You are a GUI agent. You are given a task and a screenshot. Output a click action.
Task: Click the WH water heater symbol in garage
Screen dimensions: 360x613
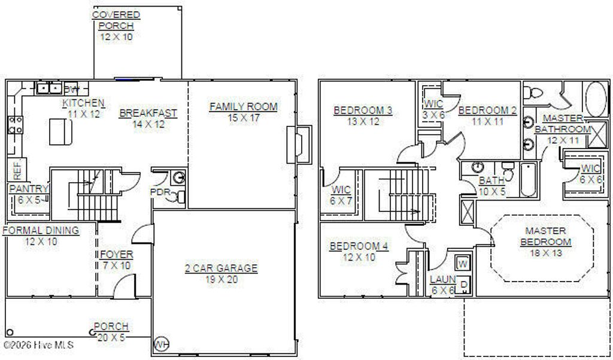(x=160, y=344)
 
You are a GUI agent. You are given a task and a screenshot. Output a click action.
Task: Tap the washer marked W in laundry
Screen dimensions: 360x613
(x=463, y=263)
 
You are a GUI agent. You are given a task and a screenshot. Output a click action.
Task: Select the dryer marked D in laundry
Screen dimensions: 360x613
(x=463, y=285)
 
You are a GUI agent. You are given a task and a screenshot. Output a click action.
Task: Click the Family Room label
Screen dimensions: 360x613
(x=243, y=107)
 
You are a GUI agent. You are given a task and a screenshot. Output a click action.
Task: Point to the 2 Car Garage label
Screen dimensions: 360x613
(x=221, y=268)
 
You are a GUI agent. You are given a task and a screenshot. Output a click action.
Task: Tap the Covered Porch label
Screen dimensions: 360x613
(x=116, y=20)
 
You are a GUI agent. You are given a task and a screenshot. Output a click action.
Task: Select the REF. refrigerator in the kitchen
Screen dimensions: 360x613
(x=17, y=170)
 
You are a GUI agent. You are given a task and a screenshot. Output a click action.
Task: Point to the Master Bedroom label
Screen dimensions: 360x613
(x=545, y=236)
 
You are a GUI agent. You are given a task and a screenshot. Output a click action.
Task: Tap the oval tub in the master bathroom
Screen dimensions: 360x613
(x=596, y=98)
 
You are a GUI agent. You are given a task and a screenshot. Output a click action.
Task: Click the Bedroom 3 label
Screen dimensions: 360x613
(x=363, y=110)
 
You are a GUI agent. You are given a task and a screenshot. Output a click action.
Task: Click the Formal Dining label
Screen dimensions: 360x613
(x=41, y=230)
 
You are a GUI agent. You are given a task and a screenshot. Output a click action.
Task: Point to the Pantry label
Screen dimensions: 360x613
(x=28, y=189)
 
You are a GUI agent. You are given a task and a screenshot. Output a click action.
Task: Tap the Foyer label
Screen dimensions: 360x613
(x=116, y=255)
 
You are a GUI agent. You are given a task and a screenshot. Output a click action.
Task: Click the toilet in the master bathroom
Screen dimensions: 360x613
(x=532, y=93)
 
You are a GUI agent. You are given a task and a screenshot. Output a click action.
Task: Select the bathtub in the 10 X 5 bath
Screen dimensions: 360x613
(x=527, y=179)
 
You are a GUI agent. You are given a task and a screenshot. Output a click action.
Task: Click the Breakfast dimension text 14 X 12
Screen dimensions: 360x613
(x=148, y=124)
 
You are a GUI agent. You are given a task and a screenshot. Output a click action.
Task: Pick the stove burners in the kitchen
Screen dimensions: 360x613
(x=15, y=125)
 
